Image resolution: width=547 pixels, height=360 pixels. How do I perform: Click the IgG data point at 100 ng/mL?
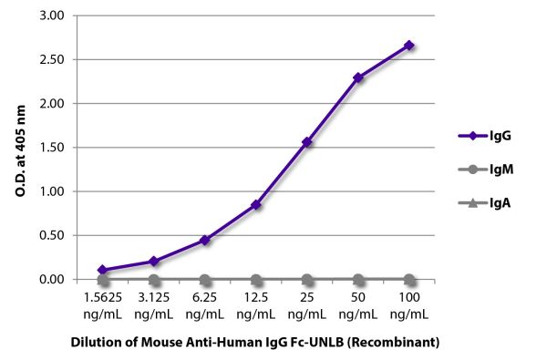tap(409, 45)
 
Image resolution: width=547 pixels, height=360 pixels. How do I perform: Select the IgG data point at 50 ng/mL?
tap(358, 77)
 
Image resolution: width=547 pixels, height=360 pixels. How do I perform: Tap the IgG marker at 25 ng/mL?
tap(307, 142)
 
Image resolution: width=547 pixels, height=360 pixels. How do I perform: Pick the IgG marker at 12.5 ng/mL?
tap(256, 205)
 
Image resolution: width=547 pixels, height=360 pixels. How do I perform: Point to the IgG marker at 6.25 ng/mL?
tap(205, 240)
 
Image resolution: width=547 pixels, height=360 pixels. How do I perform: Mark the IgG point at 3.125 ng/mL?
tap(154, 261)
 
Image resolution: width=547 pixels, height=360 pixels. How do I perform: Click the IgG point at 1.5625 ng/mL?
tap(103, 270)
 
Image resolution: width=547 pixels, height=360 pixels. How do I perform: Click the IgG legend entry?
tap(482, 135)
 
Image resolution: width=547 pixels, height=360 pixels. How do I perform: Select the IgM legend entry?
tap(482, 170)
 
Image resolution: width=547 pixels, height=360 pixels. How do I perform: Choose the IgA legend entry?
tap(482, 204)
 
